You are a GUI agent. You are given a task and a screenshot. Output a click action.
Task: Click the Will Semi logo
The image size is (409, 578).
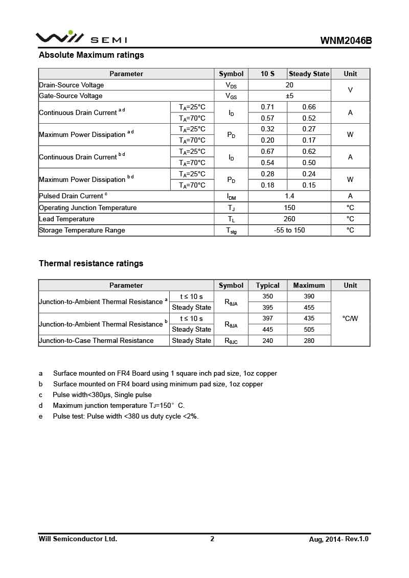81,38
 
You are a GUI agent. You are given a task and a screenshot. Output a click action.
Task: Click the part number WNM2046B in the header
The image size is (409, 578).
346,40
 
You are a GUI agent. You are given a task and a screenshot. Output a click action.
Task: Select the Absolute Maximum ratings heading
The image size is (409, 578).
92,55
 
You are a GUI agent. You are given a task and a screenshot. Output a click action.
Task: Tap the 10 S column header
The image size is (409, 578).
267,74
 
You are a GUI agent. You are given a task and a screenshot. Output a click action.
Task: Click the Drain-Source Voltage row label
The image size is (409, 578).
72,85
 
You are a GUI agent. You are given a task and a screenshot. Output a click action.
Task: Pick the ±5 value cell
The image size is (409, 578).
289,96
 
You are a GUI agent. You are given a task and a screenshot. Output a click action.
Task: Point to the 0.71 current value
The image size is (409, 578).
267,107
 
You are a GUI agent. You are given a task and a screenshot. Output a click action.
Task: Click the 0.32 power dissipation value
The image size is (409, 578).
267,129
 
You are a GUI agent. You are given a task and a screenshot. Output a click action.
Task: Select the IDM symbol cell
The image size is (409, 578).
231,196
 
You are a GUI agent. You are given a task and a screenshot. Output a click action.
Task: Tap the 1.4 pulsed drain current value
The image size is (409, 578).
289,196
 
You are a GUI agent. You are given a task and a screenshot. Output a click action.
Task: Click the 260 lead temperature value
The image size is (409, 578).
289,219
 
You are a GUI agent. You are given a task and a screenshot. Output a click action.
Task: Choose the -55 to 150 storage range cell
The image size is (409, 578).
289,230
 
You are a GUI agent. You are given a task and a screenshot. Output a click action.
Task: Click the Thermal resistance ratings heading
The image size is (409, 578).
91,264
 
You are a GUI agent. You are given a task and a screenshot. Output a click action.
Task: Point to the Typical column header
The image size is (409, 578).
268,285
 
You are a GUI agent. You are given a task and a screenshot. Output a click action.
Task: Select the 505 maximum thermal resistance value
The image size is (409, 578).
309,330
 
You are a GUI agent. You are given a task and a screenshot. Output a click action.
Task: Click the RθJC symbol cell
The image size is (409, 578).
231,341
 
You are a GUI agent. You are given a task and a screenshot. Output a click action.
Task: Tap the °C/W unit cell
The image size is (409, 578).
350,318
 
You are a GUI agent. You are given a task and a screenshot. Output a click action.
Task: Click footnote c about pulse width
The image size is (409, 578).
102,395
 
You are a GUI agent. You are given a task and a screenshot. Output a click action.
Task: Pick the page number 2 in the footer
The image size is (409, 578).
212,539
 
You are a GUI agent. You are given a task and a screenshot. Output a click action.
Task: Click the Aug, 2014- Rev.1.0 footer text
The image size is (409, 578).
338,539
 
